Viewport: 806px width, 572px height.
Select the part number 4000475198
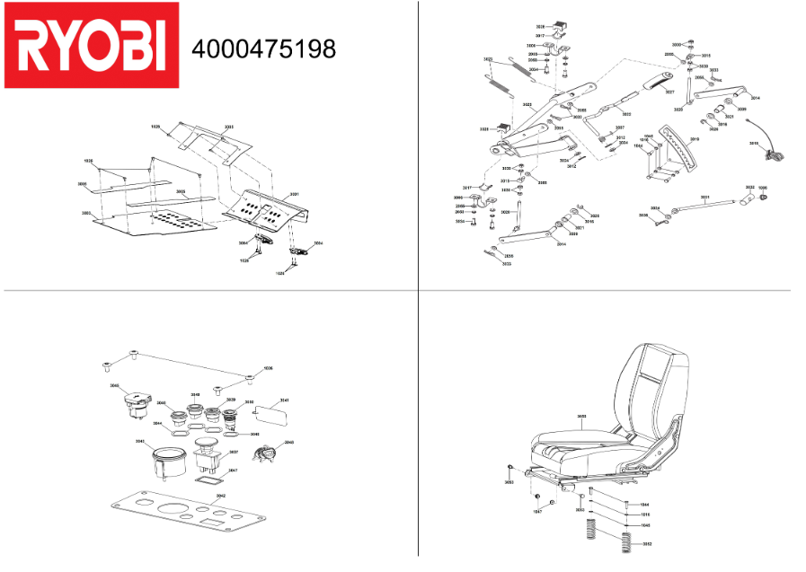tap(264, 48)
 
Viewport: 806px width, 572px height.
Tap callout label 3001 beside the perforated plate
tap(293, 194)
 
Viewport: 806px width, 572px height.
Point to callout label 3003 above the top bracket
tap(228, 128)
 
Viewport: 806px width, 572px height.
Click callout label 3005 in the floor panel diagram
tap(180, 191)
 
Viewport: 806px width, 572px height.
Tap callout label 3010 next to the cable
tap(753, 142)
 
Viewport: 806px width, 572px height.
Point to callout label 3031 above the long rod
tap(704, 198)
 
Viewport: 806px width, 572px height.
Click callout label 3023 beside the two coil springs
tap(488, 59)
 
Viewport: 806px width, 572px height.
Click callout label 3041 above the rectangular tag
tap(284, 400)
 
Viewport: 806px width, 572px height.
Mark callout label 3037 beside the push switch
tap(233, 452)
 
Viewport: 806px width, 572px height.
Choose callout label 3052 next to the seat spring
tap(647, 544)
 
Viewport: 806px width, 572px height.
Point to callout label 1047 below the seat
tap(537, 512)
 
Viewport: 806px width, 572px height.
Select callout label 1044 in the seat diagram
tap(644, 505)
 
